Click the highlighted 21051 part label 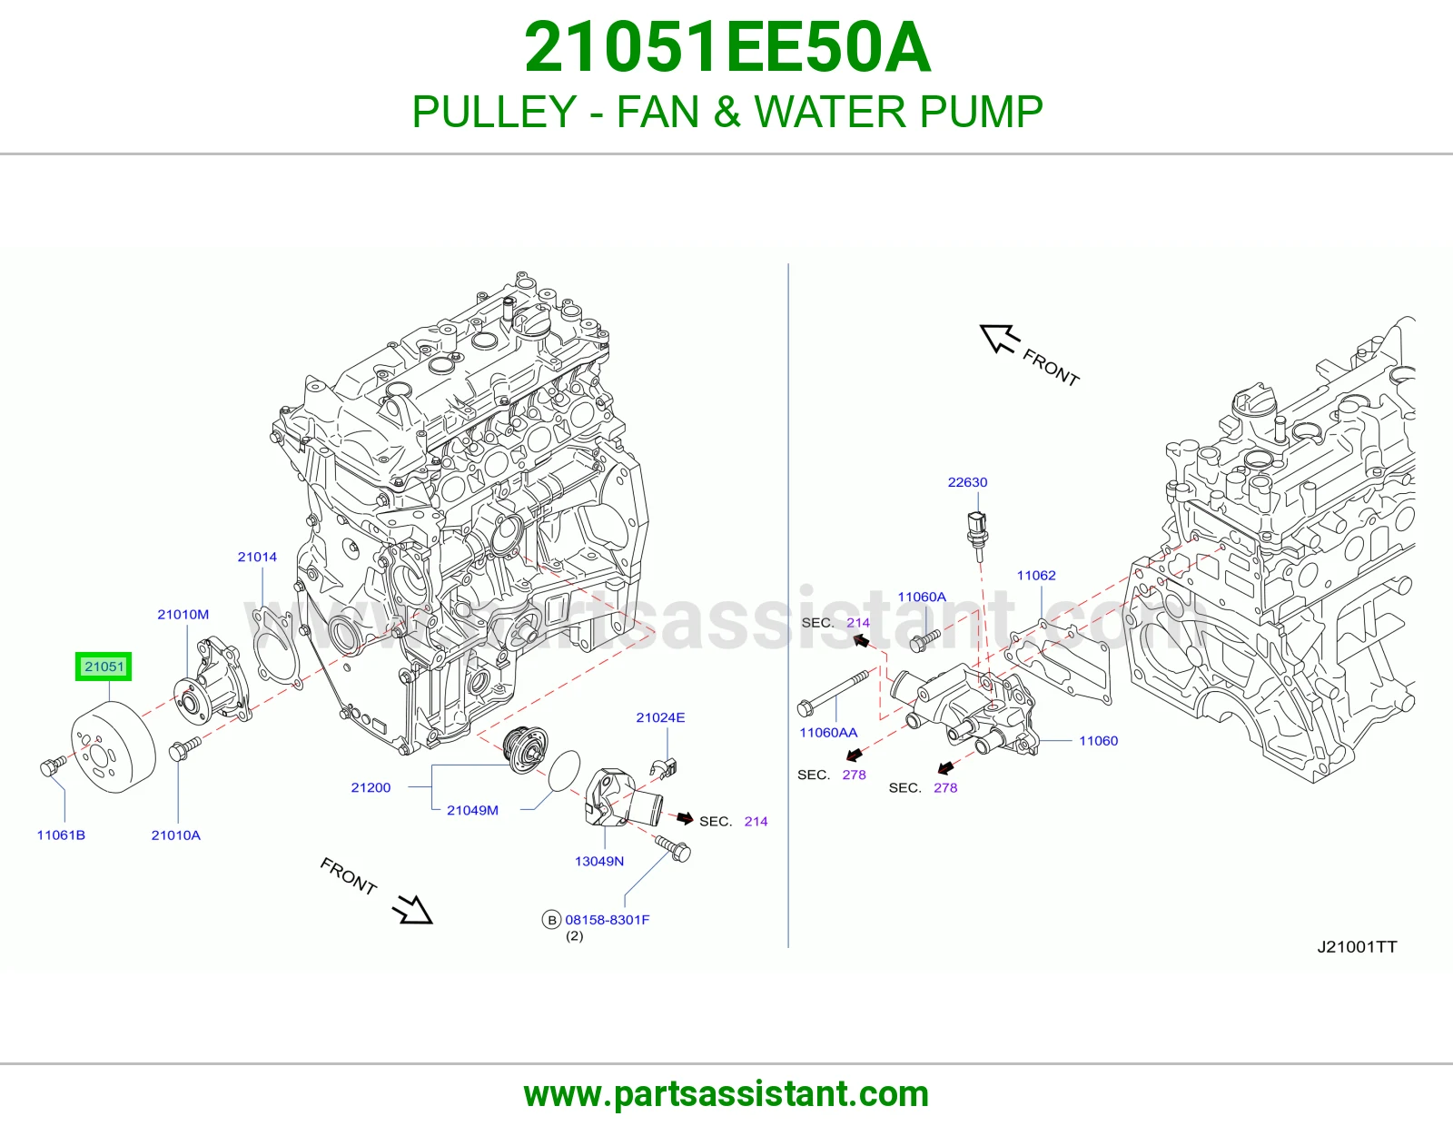(x=104, y=667)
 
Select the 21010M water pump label (x=183, y=615)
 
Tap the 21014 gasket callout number (x=257, y=557)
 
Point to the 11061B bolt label (x=61, y=835)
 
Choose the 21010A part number (x=176, y=835)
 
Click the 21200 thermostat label (x=371, y=787)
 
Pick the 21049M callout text (x=473, y=810)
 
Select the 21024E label (x=660, y=717)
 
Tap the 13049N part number (x=599, y=861)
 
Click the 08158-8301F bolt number (x=608, y=920)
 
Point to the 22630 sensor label (x=967, y=482)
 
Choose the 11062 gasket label (x=1036, y=576)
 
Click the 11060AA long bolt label (x=828, y=733)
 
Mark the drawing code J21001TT (x=1357, y=947)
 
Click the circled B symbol (x=551, y=920)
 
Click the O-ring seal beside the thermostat (x=564, y=771)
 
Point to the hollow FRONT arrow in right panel (x=1001, y=339)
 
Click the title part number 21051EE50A (x=727, y=48)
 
